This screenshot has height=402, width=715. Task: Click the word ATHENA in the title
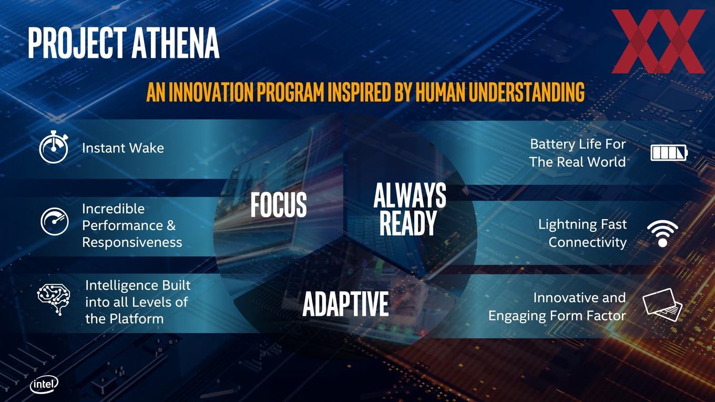coord(176,43)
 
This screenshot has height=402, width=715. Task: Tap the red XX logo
coord(658,42)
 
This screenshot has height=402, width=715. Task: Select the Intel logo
coord(44,385)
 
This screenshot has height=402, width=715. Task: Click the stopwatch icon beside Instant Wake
coord(54,147)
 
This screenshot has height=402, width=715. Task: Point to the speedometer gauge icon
coord(55,222)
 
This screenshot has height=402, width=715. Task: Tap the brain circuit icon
coord(54,300)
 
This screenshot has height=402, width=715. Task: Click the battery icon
coord(669,153)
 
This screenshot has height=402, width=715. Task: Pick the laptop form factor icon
coord(662,305)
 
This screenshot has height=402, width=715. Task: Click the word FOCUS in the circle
coord(278,205)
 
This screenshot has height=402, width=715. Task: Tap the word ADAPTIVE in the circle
coord(346,304)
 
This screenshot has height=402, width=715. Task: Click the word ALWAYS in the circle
coord(410,195)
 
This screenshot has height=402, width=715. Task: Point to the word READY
coord(408,223)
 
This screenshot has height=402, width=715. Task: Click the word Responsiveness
coord(132,242)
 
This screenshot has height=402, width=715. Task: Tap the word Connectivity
coord(588,242)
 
